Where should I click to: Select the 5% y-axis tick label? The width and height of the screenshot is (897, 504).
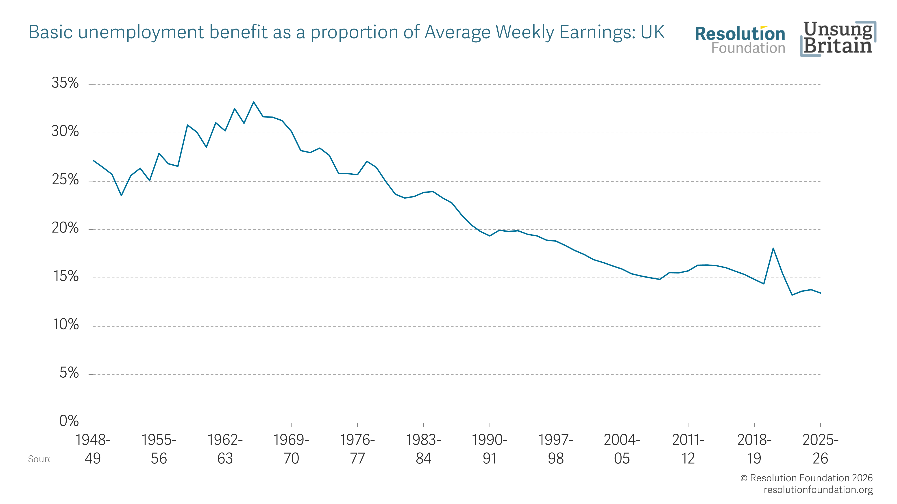pyautogui.click(x=69, y=373)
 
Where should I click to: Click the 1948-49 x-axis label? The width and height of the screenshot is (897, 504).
pyautogui.click(x=93, y=449)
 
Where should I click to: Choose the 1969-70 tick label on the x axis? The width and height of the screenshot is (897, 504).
pyautogui.click(x=291, y=449)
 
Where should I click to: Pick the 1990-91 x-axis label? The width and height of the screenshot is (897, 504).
pyautogui.click(x=490, y=449)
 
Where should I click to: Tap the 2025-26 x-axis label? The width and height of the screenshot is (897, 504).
pyautogui.click(x=820, y=449)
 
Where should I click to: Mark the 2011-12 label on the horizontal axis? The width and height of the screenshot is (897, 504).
pyautogui.click(x=688, y=449)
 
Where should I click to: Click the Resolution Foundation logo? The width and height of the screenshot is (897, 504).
pyautogui.click(x=740, y=40)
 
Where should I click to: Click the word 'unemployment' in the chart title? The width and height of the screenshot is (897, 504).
pyautogui.click(x=141, y=32)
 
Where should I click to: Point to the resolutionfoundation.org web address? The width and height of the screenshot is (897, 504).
pyautogui.click(x=818, y=490)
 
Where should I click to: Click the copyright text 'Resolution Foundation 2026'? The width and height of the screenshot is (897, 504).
pyautogui.click(x=811, y=478)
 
